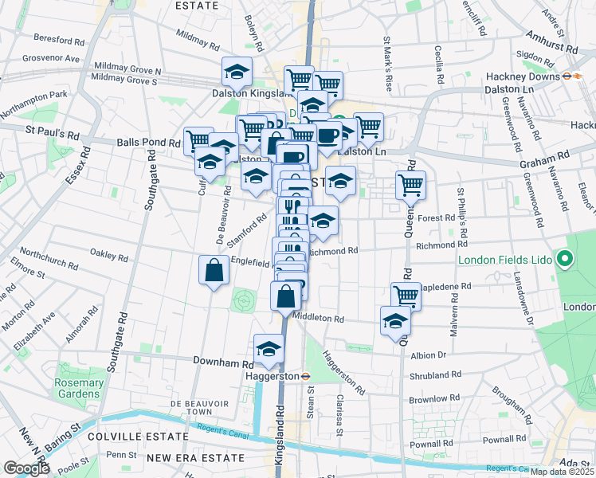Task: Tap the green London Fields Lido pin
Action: pyautogui.click(x=566, y=259)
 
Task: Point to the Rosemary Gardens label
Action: pyautogui.click(x=78, y=389)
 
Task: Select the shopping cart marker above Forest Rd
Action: pyautogui.click(x=410, y=185)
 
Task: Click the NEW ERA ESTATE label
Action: pyautogui.click(x=189, y=457)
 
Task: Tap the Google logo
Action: pyautogui.click(x=26, y=468)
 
